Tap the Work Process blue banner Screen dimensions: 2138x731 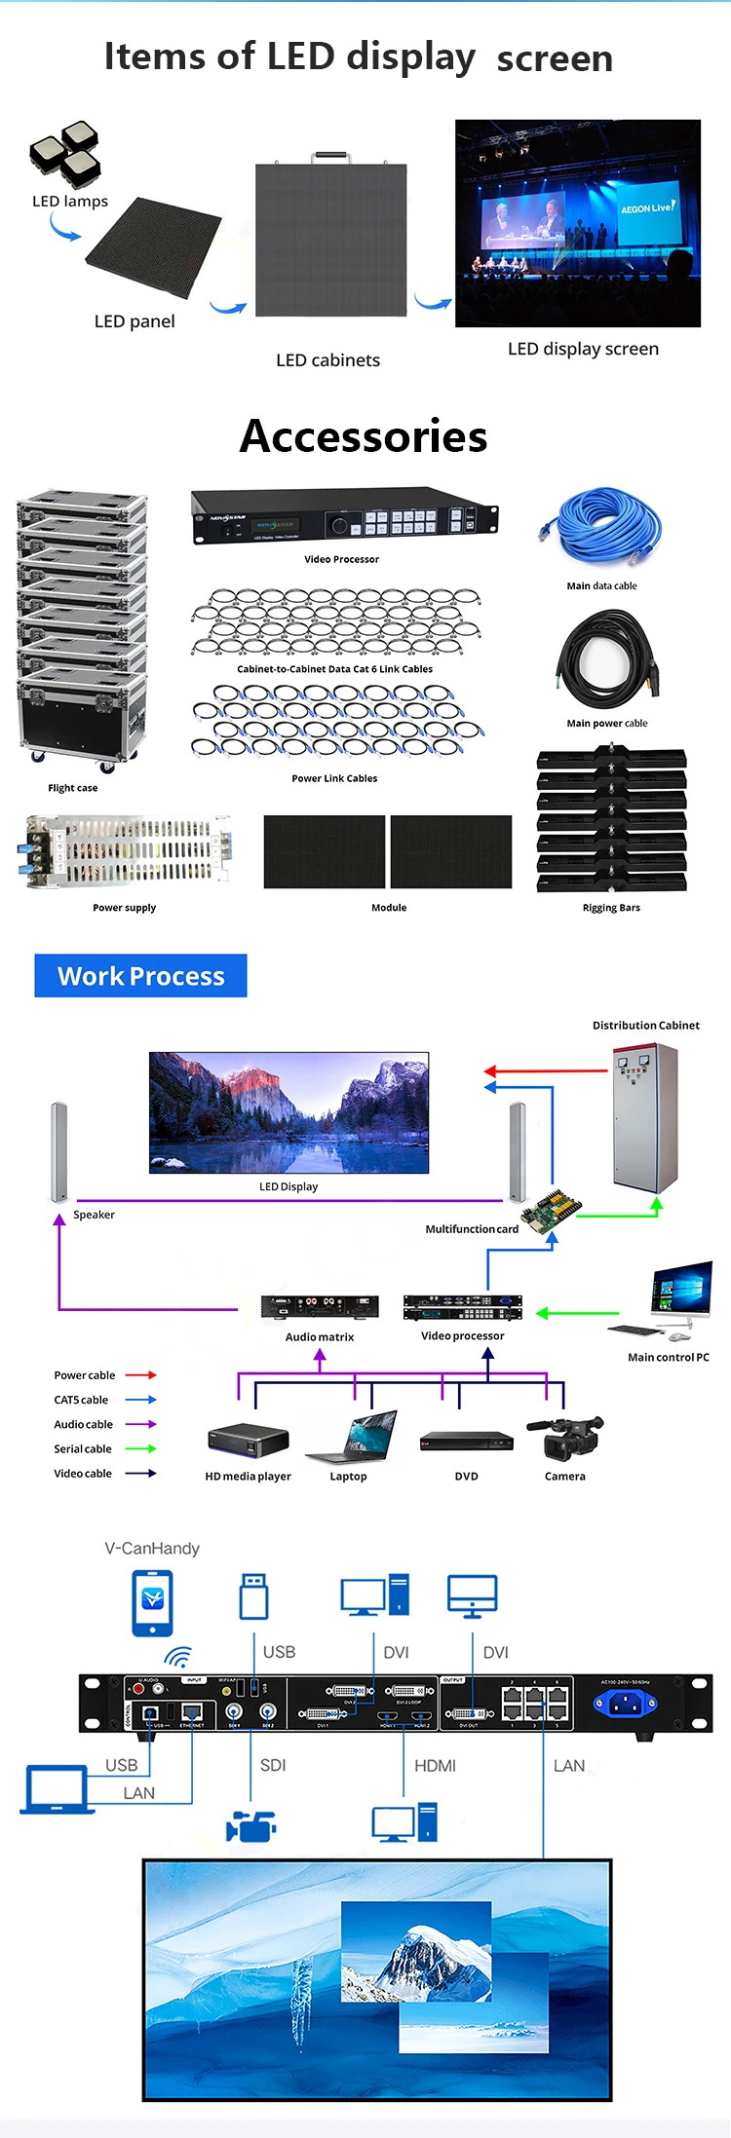140,976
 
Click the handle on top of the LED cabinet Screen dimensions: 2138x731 331,156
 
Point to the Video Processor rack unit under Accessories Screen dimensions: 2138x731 343,516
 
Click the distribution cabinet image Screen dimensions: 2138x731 644,1117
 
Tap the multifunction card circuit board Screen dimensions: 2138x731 549,1211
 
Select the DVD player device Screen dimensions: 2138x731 467,1441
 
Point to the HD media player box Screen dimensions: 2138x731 249,1440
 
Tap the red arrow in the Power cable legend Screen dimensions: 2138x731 140,1375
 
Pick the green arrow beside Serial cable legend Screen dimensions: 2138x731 140,1448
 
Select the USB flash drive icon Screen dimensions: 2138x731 253,1597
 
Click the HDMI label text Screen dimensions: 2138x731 435,1765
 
